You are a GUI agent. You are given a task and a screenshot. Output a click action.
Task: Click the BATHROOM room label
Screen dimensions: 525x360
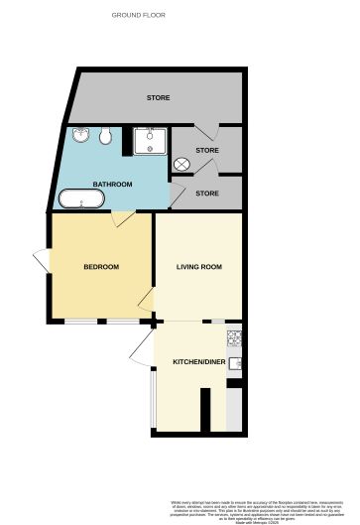point(112,185)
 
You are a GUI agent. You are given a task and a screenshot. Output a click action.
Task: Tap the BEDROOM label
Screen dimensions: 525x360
point(101,267)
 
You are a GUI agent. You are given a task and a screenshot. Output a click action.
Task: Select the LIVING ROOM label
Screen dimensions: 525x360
point(198,267)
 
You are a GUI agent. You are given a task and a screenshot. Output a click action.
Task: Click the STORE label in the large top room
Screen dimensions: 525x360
point(158,98)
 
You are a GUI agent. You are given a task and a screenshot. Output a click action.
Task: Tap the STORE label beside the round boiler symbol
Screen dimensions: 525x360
point(206,151)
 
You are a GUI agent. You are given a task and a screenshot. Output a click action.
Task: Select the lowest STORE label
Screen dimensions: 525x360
point(206,193)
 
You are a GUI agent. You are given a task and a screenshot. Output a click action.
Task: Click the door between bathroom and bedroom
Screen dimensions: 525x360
point(119,217)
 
